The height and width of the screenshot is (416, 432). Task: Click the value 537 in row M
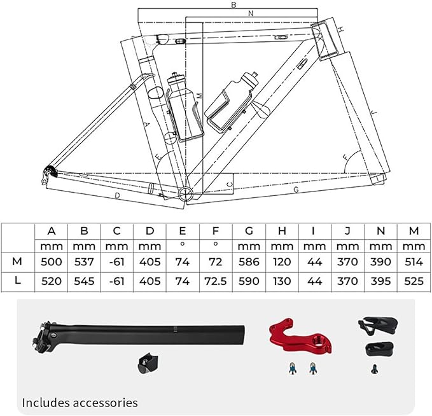pyautogui.click(x=84, y=261)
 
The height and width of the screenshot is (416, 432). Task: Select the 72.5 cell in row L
pyautogui.click(x=216, y=281)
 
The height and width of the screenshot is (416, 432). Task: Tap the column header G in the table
pyautogui.click(x=249, y=231)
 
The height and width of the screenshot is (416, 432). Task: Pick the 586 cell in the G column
pyautogui.click(x=249, y=261)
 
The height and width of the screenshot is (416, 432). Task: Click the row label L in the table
pyautogui.click(x=17, y=281)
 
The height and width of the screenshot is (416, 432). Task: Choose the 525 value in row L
pyautogui.click(x=414, y=281)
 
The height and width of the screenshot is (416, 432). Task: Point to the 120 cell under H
pyautogui.click(x=282, y=261)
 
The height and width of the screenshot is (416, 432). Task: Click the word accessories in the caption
pyautogui.click(x=106, y=403)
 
